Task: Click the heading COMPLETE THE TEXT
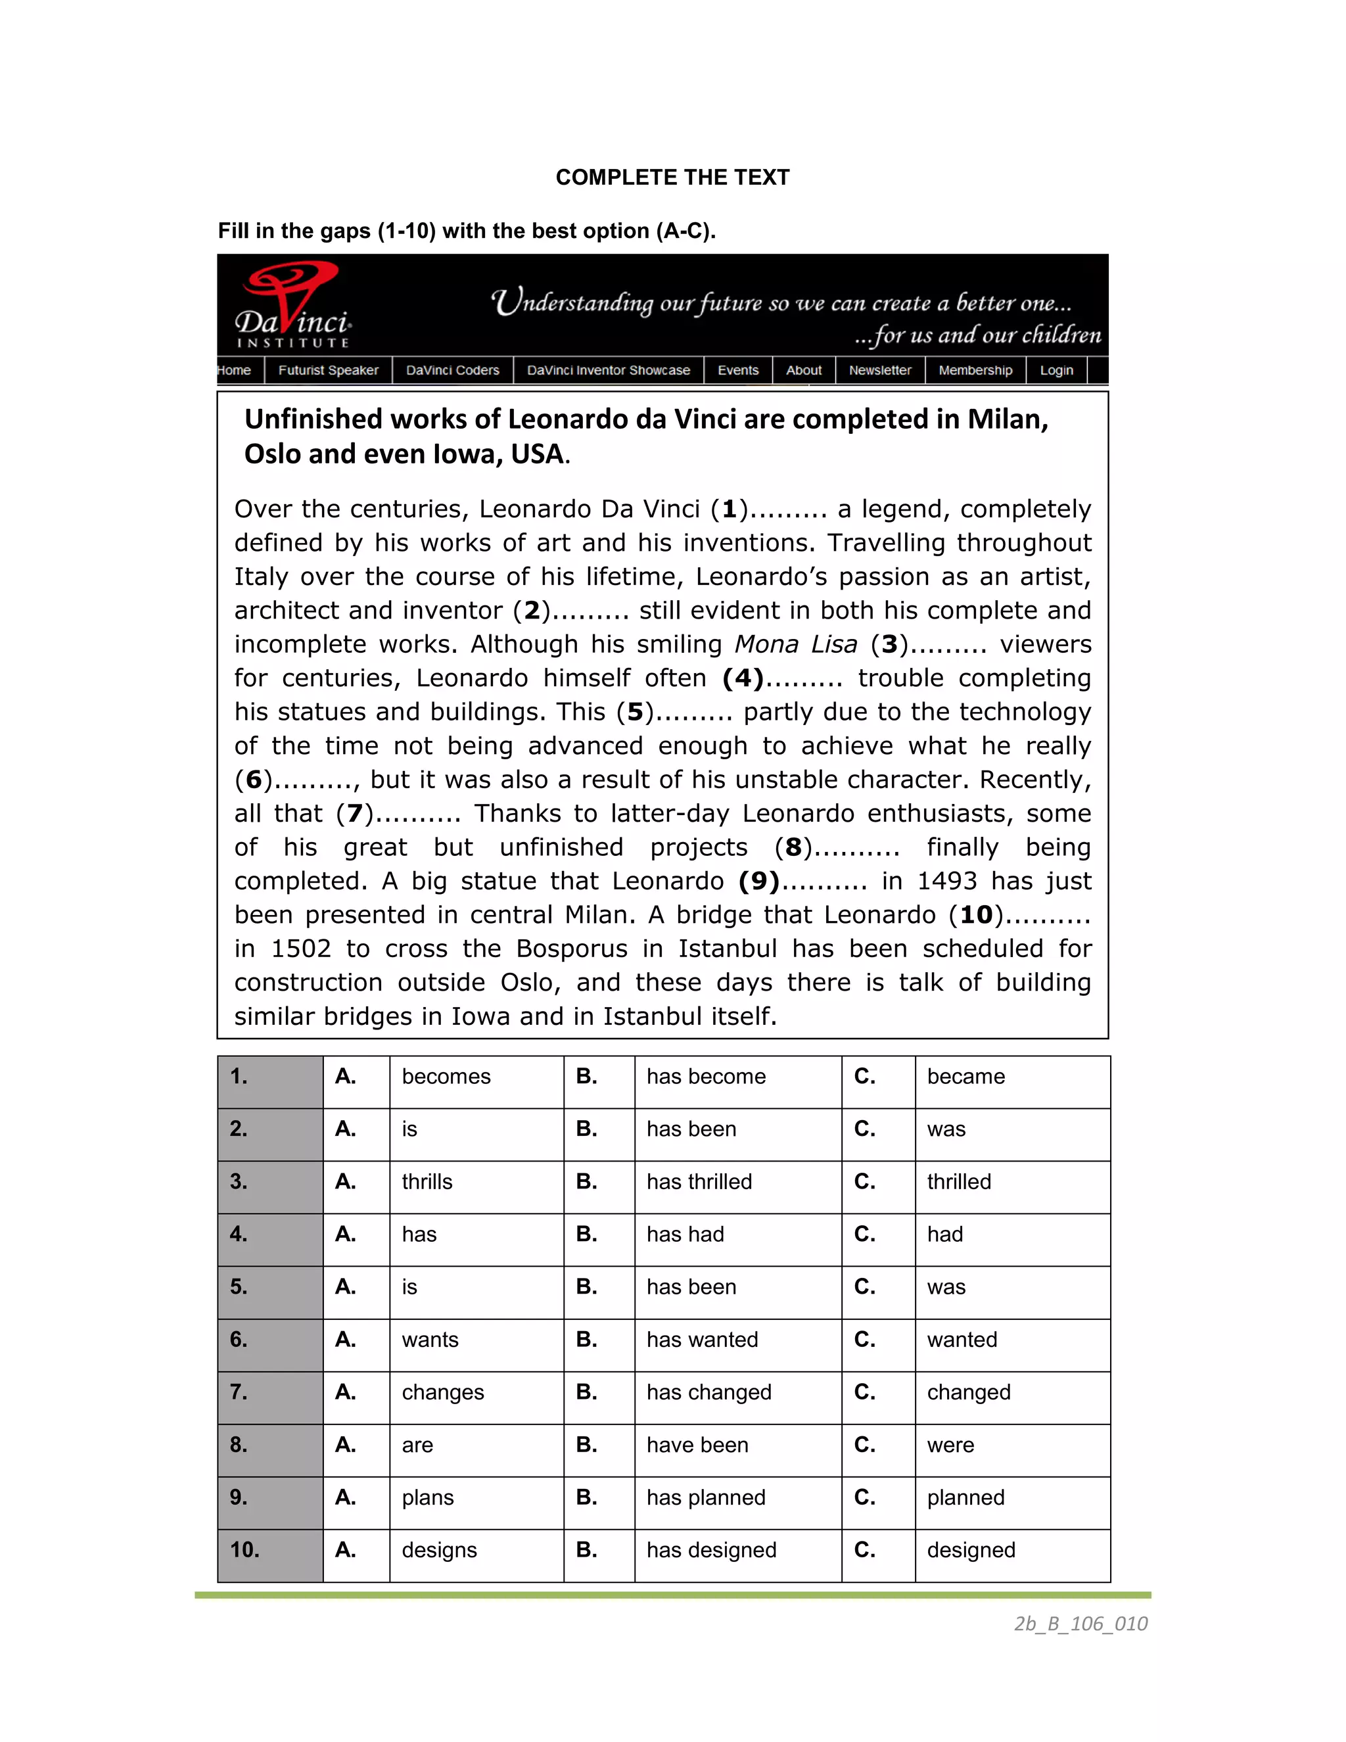[x=672, y=177]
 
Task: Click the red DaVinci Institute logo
[x=293, y=306]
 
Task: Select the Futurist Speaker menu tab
[x=328, y=370]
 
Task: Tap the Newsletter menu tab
[x=879, y=370]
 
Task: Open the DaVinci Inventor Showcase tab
[x=608, y=370]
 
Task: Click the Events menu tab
[x=737, y=370]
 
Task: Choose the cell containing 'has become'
[x=706, y=1077]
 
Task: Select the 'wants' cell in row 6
[x=430, y=1340]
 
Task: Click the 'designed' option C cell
[x=971, y=1551]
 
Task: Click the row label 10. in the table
[x=244, y=1550]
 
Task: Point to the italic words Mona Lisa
[x=795, y=644]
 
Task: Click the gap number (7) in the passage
[x=354, y=814]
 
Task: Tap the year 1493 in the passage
[x=946, y=882]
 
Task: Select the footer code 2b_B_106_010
[x=1080, y=1624]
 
